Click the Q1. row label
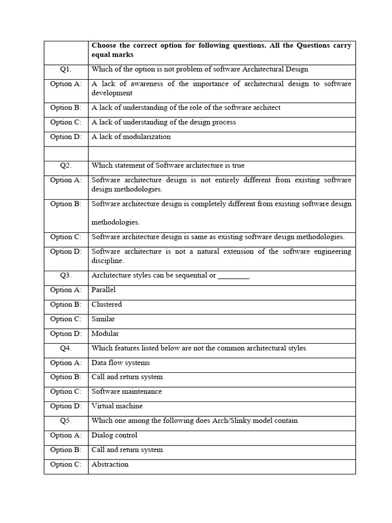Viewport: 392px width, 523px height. (66, 69)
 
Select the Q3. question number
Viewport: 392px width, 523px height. (66, 275)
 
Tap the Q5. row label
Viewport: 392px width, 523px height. (66, 420)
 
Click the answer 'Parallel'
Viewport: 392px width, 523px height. (104, 290)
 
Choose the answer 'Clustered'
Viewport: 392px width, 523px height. (107, 304)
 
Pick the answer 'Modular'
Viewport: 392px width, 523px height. (105, 334)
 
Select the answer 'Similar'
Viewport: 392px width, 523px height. (103, 319)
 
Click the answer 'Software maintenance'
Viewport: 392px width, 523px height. (127, 391)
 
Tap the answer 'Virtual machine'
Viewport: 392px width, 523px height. (117, 406)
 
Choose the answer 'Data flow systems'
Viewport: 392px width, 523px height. (120, 363)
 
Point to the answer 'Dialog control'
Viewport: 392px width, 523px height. (114, 435)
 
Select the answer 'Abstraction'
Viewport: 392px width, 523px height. (110, 464)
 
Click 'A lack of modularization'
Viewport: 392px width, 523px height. (131, 136)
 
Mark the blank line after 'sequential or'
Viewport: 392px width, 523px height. (233, 276)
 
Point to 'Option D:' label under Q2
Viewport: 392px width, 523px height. (66, 251)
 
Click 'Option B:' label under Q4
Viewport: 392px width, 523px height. (66, 377)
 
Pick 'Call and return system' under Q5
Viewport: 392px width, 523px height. (127, 450)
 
